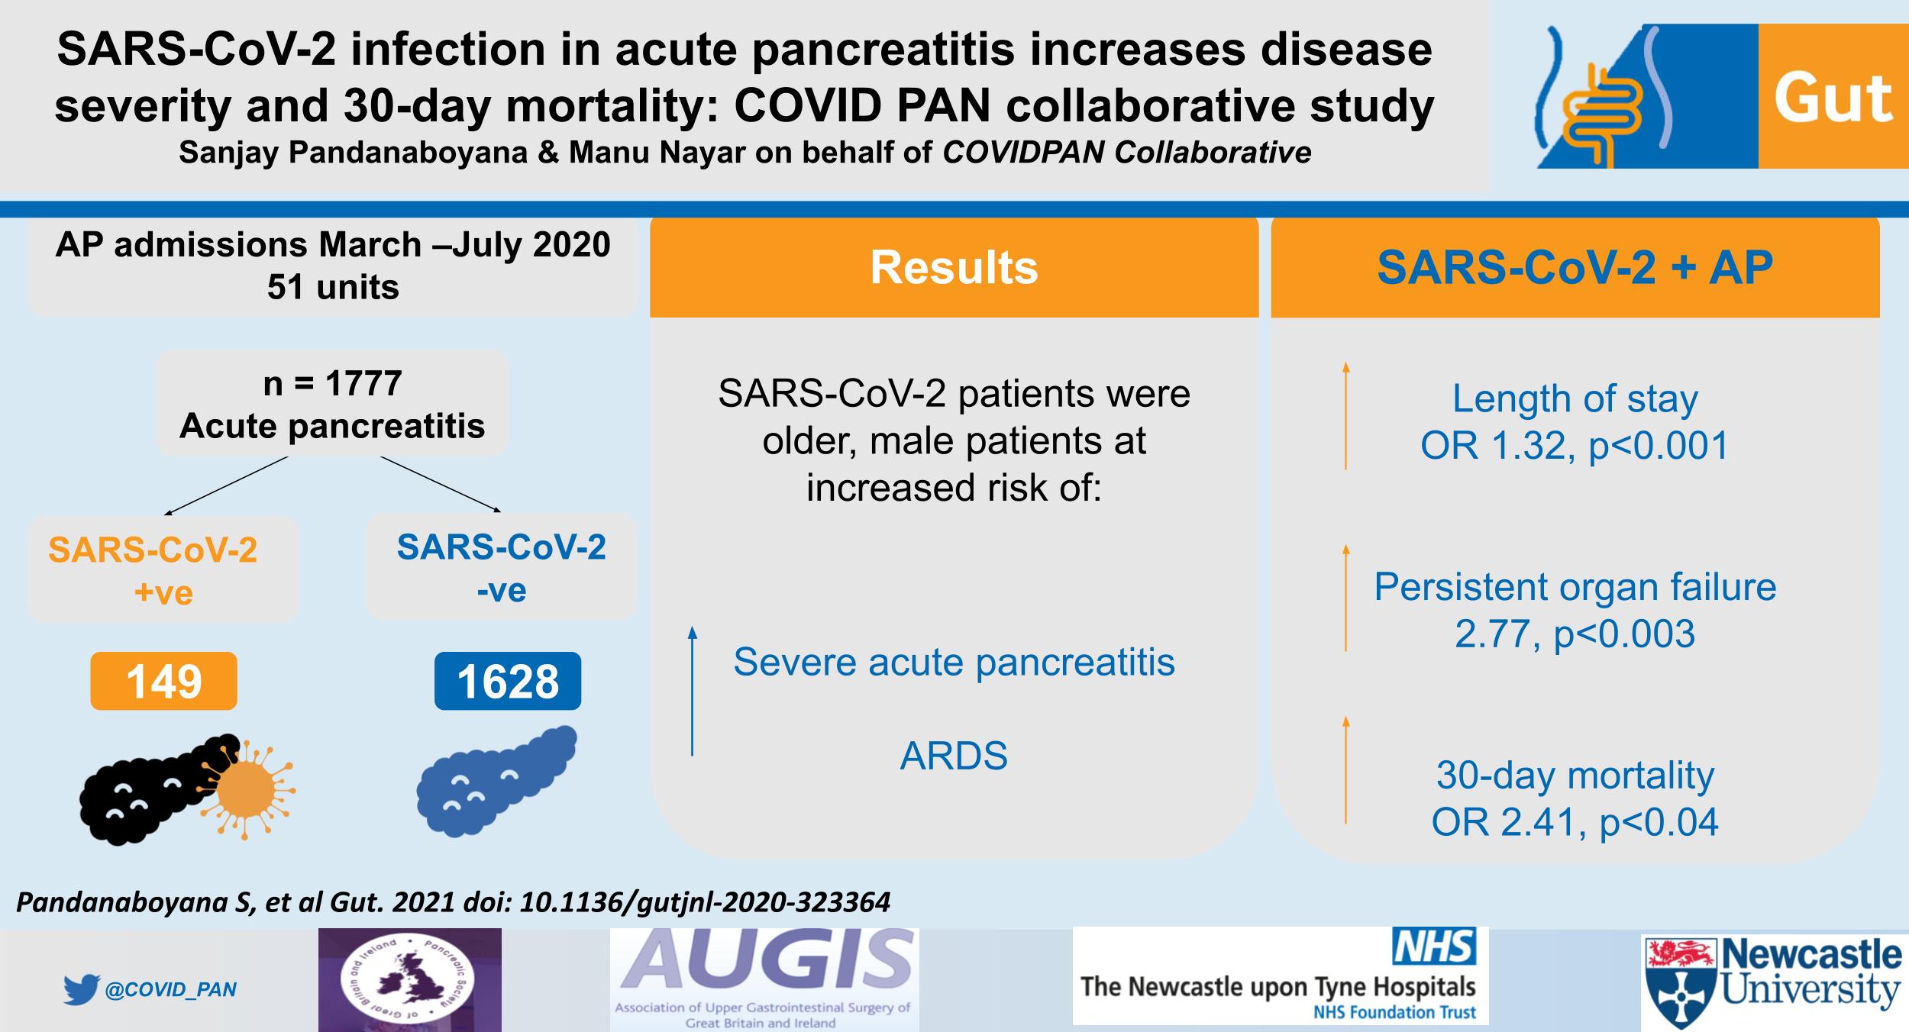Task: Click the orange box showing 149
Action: [x=163, y=681]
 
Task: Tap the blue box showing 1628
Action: [x=508, y=681]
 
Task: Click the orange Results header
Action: [x=954, y=267]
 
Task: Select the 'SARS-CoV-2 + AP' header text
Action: [x=1575, y=267]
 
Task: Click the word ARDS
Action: [x=954, y=756]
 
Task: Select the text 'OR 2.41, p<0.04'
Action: [x=1575, y=822]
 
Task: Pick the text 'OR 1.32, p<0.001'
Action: [x=1575, y=445]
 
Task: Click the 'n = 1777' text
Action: [x=332, y=383]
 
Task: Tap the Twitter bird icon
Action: [x=82, y=989]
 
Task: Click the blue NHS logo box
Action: [x=1434, y=947]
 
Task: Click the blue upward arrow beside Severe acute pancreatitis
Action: [x=693, y=691]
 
